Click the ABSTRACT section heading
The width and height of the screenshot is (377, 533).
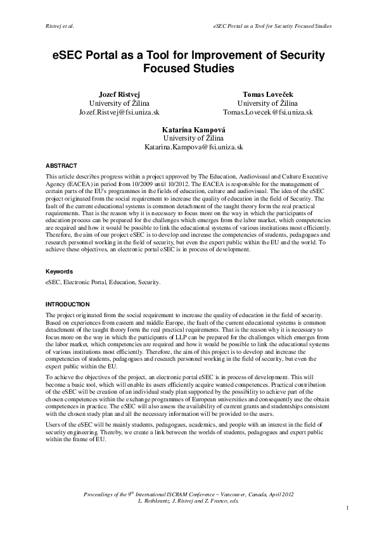(x=61, y=166)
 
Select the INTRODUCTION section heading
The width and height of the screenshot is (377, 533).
(x=68, y=304)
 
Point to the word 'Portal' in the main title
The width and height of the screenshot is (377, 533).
(x=101, y=55)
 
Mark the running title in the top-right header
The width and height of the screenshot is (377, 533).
(x=274, y=26)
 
